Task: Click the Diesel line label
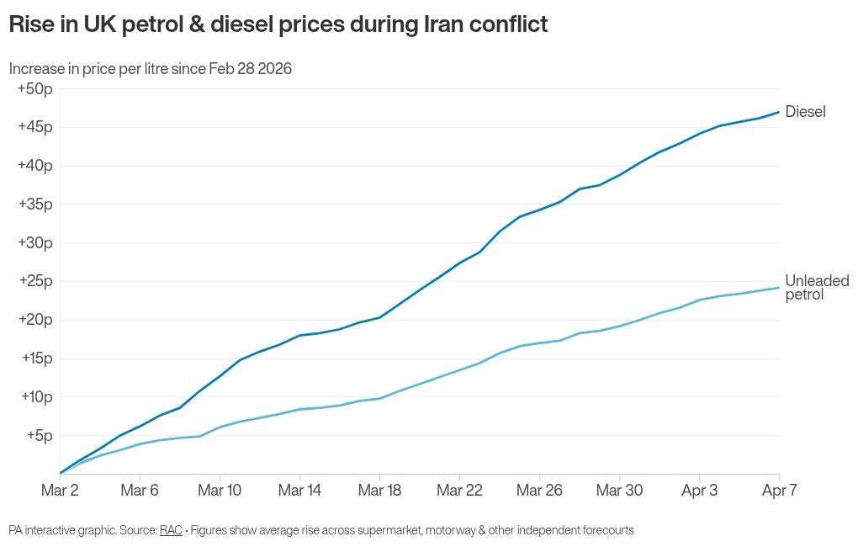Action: (805, 112)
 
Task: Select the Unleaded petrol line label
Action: (816, 288)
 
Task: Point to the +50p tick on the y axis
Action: (34, 89)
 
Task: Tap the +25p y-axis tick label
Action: (34, 281)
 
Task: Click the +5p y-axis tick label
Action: (38, 435)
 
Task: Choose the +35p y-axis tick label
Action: (34, 204)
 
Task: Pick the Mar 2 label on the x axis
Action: (60, 491)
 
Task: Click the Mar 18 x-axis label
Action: (379, 491)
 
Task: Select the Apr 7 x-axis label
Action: (779, 491)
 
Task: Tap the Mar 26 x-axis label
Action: (539, 491)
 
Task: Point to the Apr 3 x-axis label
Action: (699, 491)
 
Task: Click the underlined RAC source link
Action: (171, 530)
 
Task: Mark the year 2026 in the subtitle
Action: (275, 69)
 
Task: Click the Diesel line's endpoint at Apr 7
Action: (779, 112)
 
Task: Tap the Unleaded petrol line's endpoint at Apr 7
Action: (779, 288)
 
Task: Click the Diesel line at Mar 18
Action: (379, 317)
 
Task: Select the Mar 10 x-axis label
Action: (220, 491)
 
